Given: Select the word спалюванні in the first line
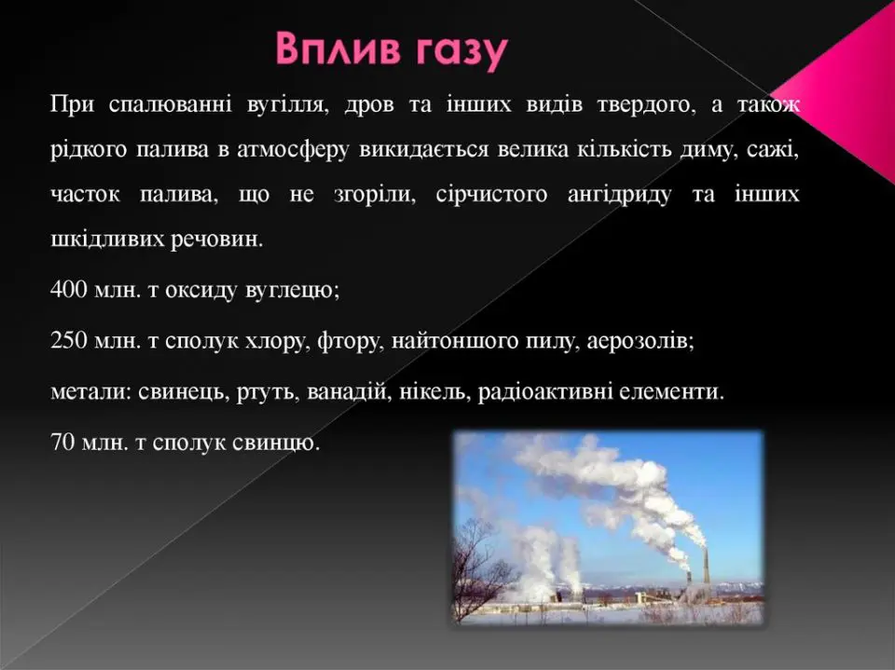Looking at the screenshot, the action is point(170,106).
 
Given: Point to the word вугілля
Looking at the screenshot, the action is point(289,106).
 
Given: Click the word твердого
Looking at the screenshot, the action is point(647,105).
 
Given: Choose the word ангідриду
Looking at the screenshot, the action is point(620,195).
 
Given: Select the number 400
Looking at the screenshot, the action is point(69,290).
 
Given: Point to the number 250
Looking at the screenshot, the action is point(69,341).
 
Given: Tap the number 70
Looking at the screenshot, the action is point(62,443).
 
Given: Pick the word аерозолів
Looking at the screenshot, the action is point(640,341).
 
